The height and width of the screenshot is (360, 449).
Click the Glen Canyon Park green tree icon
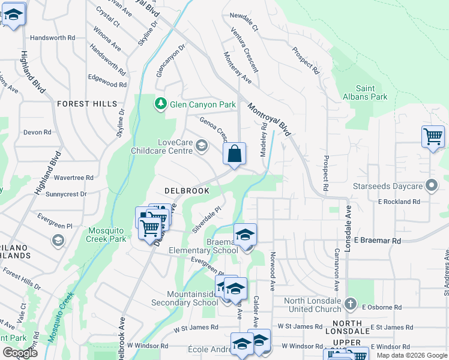tap(161, 104)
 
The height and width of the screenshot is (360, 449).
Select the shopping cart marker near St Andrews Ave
tap(432, 137)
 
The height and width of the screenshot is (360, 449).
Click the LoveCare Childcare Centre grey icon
tap(202, 145)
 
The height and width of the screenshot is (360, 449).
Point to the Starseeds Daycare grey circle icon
tap(430, 185)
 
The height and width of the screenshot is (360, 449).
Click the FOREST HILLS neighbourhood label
tap(87, 104)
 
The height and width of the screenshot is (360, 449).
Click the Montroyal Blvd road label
tap(273, 119)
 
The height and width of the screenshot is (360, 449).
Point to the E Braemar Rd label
tap(377, 240)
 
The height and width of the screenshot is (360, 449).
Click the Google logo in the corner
tap(20, 352)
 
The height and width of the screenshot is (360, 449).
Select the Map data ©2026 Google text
tap(412, 355)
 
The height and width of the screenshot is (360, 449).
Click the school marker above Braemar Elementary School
tap(245, 235)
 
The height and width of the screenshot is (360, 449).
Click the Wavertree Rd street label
tap(73, 178)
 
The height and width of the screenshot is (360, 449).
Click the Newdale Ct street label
tap(243, 28)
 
